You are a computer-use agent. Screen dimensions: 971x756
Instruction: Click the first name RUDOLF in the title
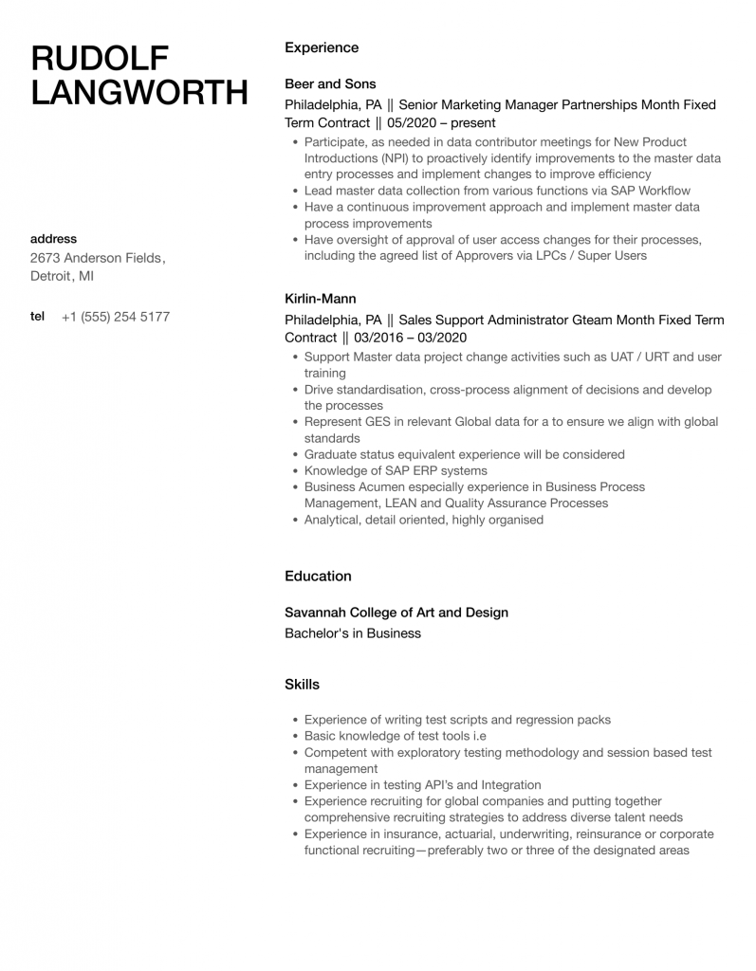coord(100,58)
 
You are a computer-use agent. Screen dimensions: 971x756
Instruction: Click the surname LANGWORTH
coord(139,94)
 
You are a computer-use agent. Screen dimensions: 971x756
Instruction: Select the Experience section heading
coord(322,47)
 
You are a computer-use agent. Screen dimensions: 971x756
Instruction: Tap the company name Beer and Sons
coord(330,83)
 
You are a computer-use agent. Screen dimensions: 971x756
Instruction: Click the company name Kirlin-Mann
coord(321,298)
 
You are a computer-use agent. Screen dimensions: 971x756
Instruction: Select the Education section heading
coord(318,576)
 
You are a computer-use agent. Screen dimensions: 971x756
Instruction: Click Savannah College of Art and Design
coord(396,613)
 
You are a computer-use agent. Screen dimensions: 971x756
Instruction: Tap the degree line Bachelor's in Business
coord(353,633)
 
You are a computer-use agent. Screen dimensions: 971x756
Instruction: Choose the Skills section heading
coord(302,684)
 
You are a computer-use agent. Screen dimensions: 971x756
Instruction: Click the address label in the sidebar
coord(53,239)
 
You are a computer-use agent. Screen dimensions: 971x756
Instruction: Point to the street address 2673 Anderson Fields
coord(97,258)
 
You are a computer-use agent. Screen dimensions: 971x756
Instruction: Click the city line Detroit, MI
coord(62,277)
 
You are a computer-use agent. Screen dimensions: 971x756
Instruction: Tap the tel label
coord(37,317)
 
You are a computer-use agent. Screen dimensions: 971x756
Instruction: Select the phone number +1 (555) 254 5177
coord(115,317)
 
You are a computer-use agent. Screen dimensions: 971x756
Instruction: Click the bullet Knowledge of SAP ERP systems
coord(396,470)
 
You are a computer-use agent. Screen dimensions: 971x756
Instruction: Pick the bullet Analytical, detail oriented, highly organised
coord(424,520)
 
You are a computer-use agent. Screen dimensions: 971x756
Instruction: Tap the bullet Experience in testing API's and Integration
coord(422,785)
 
